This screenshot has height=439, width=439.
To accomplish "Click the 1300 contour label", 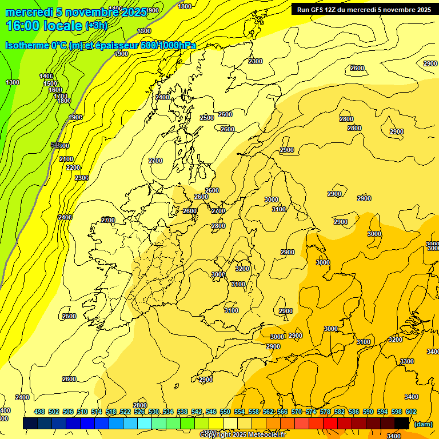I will pos(13,82).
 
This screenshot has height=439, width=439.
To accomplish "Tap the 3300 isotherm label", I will pos(407,361).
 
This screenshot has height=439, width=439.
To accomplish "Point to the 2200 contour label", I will pos(73,167).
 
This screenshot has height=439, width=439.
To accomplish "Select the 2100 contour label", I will pos(66,159).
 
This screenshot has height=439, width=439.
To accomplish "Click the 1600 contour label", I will pos(55,90).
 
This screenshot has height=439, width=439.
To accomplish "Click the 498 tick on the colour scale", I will pos(39,412).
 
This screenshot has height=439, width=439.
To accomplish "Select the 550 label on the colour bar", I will pos(225,412).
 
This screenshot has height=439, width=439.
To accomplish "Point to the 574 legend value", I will pos(310,412).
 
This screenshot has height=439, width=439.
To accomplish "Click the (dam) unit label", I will pos(423,424).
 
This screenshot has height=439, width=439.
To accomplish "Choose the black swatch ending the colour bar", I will pos(402,423).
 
